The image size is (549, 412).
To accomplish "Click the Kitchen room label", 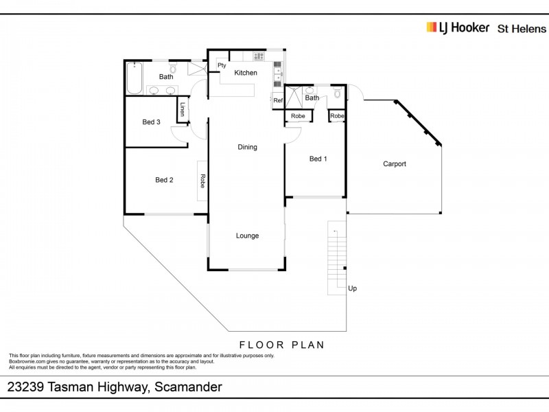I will click(246, 73).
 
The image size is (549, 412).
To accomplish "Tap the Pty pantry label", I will click(222, 65).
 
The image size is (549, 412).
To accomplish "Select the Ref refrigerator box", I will click(278, 101).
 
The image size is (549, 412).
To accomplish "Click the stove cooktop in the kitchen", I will click(259, 56).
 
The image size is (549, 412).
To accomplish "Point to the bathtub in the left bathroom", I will click(134, 78).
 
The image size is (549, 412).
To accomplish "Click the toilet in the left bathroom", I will click(173, 69).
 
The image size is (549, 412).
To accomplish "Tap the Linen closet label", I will click(183, 110).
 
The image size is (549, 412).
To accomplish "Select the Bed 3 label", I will click(152, 122).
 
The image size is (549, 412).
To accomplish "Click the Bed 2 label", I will click(164, 180).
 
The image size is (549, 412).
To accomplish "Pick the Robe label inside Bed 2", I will click(203, 181).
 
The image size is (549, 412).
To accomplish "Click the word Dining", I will click(247, 147).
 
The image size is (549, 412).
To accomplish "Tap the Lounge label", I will click(247, 236).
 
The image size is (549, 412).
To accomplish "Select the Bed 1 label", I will click(318, 159).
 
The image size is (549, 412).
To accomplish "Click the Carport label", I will click(395, 164).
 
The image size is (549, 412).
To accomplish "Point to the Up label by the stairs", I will click(352, 288).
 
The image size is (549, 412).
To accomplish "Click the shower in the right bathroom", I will click(293, 98).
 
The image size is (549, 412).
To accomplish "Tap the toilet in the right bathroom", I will click(336, 93).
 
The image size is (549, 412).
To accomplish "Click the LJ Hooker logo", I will click(458, 27).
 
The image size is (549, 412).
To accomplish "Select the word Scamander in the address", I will click(188, 387).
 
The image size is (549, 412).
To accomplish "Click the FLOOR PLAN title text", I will click(281, 345).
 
